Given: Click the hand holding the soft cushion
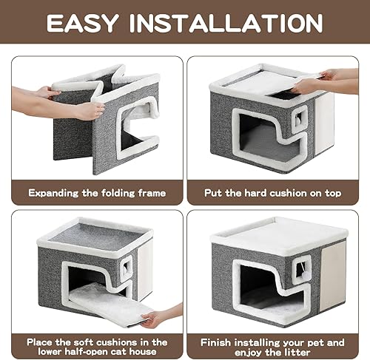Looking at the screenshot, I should point(158,319).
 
